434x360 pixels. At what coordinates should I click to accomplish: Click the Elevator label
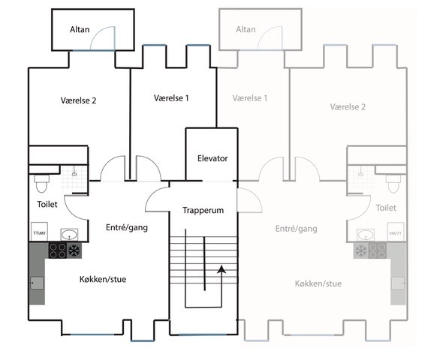pos(212,158)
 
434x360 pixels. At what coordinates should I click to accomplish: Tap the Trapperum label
pos(203,210)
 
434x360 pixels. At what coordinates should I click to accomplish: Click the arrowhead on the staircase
pos(222,269)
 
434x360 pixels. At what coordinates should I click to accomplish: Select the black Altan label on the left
pos(80,29)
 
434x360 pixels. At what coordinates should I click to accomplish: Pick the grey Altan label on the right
pos(246,29)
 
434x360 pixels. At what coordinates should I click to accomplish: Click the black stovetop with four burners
pos(58,250)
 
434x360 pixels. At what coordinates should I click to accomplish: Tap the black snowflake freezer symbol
pos(74,250)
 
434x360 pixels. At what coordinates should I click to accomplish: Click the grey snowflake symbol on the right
pos(361,250)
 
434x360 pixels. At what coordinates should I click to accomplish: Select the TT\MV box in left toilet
pos(39,232)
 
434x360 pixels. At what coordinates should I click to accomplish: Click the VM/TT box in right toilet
pos(395,232)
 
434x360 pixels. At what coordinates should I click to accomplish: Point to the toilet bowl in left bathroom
pos(41,183)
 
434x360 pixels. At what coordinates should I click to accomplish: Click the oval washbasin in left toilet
pos(69,235)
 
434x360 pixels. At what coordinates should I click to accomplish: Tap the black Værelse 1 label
pos(171,98)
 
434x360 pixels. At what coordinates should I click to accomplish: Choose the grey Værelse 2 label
pos(348,106)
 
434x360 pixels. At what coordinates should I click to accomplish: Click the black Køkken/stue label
pos(103,279)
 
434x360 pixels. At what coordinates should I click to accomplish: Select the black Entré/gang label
pos(127,227)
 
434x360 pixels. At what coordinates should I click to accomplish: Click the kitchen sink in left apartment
pos(37,283)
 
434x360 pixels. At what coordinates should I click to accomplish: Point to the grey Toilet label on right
pos(386,208)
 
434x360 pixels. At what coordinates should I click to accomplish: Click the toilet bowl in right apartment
pos(393,184)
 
